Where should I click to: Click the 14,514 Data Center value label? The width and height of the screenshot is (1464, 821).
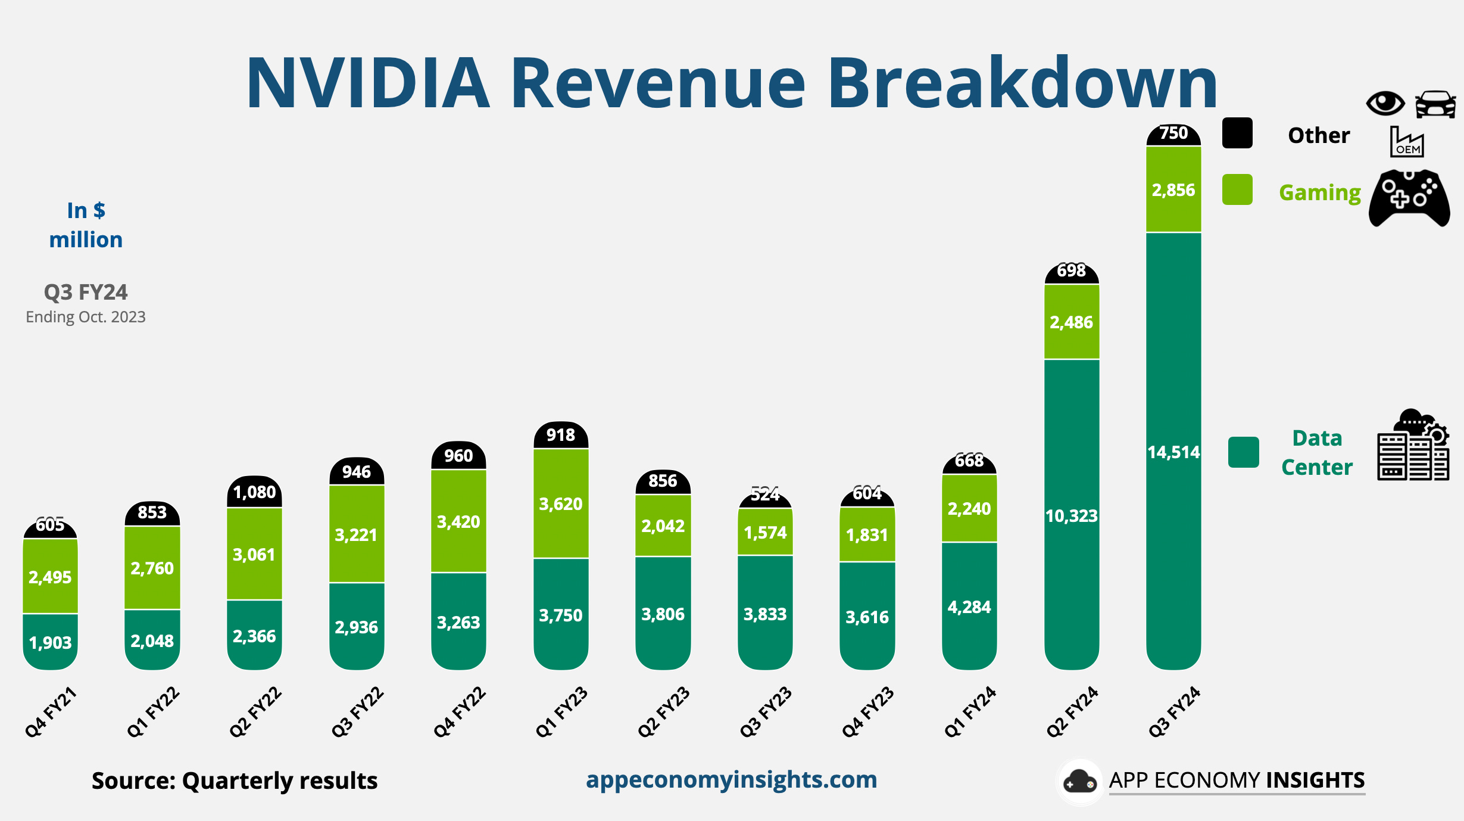pyautogui.click(x=1173, y=452)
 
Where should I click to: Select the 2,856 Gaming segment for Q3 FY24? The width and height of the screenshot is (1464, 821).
pyautogui.click(x=1173, y=189)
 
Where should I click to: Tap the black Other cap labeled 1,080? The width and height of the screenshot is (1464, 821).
pyautogui.click(x=254, y=492)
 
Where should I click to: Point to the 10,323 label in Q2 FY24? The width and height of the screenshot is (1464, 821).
pyautogui.click(x=1071, y=516)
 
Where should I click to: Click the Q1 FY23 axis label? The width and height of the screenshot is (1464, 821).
pyautogui.click(x=561, y=711)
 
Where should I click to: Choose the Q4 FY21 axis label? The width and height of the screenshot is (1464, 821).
pyautogui.click(x=51, y=711)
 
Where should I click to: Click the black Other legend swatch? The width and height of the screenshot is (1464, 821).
pyautogui.click(x=1237, y=133)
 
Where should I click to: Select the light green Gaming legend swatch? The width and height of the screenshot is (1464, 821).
pyautogui.click(x=1237, y=189)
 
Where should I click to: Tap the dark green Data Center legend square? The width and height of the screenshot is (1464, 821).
pyautogui.click(x=1243, y=452)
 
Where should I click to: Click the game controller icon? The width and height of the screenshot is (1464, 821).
pyautogui.click(x=1409, y=198)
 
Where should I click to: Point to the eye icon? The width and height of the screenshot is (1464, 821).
pyautogui.click(x=1385, y=104)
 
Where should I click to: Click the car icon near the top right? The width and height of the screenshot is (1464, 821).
pyautogui.click(x=1435, y=104)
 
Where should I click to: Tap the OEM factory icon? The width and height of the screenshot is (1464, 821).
pyautogui.click(x=1406, y=142)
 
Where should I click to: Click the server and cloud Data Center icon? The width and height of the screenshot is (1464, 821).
pyautogui.click(x=1413, y=445)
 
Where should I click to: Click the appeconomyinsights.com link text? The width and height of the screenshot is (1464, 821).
pyautogui.click(x=731, y=779)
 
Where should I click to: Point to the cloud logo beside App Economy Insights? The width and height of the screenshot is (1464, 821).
pyautogui.click(x=1079, y=782)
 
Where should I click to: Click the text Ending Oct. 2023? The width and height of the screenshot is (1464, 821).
pyautogui.click(x=86, y=317)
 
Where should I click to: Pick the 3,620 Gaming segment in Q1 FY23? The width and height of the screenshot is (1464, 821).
pyautogui.click(x=561, y=504)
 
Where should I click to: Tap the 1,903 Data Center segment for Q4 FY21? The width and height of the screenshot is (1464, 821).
pyautogui.click(x=51, y=642)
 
